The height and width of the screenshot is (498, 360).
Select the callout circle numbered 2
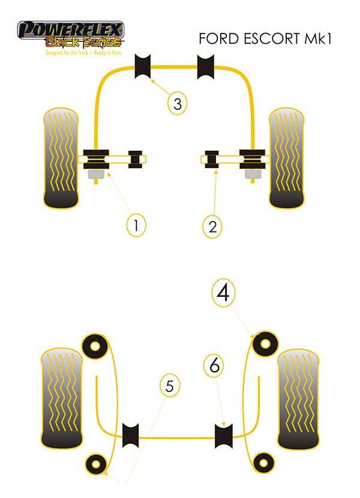[212, 226]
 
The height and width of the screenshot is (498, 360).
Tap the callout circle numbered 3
[176, 104]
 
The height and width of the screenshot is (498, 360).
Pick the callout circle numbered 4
[223, 293]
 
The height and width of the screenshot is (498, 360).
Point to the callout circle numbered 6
[215, 364]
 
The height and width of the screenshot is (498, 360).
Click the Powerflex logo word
[71, 28]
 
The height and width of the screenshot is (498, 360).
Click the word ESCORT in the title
[268, 39]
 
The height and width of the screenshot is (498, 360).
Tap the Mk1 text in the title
[318, 39]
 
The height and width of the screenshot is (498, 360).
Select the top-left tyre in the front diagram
[61, 158]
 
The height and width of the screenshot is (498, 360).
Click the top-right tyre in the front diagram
[290, 158]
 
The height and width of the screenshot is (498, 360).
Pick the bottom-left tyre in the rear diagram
[61, 399]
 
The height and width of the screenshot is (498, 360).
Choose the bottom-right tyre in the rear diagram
[299, 399]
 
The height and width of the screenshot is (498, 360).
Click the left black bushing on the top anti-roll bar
[145, 65]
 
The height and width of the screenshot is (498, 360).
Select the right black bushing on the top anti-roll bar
[206, 65]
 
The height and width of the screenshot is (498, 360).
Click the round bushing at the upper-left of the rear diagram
[94, 346]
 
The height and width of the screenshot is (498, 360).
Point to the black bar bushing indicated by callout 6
[224, 435]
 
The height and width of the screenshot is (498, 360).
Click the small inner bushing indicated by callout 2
[212, 160]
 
